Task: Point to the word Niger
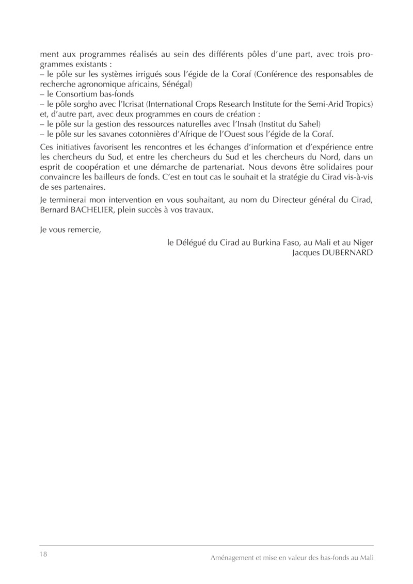[x=362, y=242]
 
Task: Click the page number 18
[x=43, y=554]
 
